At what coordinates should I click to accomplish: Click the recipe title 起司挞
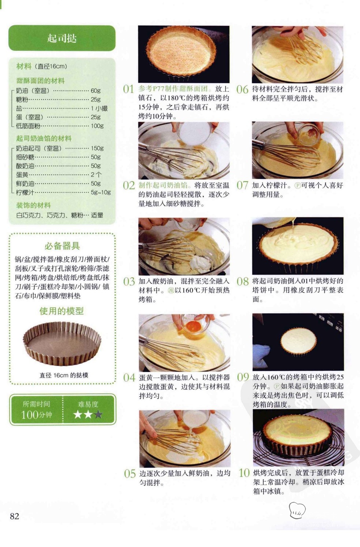click(x=62, y=38)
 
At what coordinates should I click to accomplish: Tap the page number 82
click(x=14, y=516)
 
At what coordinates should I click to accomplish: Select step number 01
click(x=129, y=89)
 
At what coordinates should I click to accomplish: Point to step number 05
click(x=130, y=474)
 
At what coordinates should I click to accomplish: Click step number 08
click(x=242, y=282)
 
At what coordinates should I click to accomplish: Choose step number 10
click(x=244, y=473)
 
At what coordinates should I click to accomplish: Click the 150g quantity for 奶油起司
click(x=97, y=148)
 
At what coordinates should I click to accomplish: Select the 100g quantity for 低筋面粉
click(x=97, y=126)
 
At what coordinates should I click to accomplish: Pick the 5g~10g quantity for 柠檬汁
click(x=101, y=192)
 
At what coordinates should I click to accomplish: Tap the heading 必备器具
click(x=62, y=246)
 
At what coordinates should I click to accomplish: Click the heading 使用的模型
click(x=62, y=311)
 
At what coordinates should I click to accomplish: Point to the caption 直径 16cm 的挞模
click(x=64, y=375)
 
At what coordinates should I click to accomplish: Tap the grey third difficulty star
click(x=98, y=414)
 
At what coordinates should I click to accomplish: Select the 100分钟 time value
click(x=36, y=415)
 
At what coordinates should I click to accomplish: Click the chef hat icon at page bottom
click(x=297, y=510)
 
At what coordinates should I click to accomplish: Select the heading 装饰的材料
click(x=33, y=205)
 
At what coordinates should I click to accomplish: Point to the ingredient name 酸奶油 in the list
click(x=25, y=166)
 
